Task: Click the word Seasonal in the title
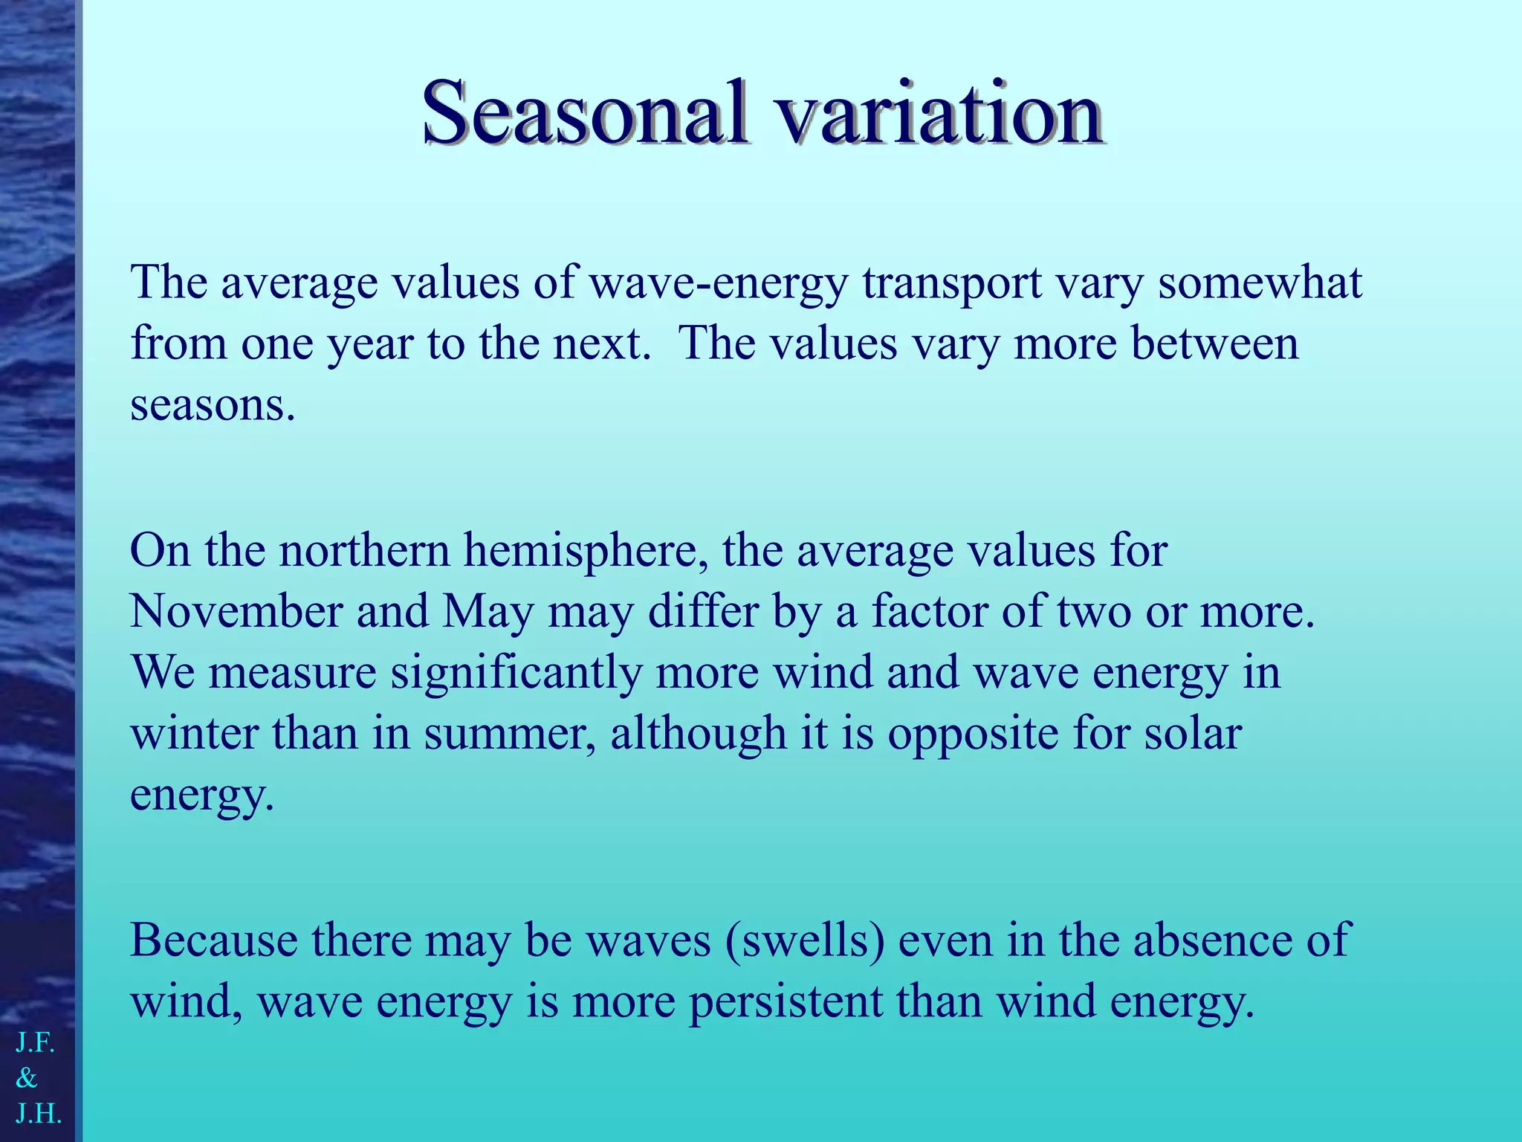click(x=584, y=114)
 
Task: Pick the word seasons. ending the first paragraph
click(x=213, y=405)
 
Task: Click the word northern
click(x=364, y=551)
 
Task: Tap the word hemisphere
click(x=585, y=551)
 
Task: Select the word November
click(x=236, y=612)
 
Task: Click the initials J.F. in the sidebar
click(x=35, y=1043)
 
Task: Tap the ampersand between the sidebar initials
click(x=27, y=1078)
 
